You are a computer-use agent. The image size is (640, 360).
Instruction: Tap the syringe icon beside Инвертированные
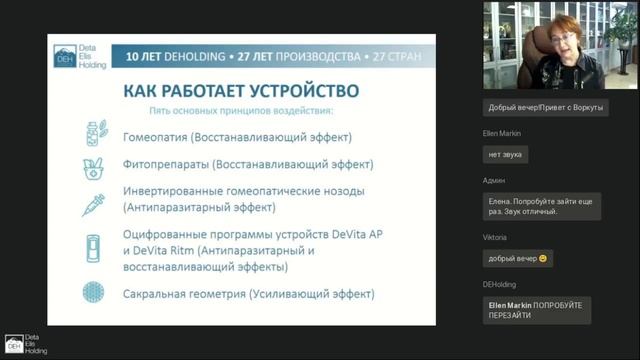94,199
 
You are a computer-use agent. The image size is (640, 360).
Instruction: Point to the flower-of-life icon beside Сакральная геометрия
93,294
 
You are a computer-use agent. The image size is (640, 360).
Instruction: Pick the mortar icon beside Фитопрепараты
93,164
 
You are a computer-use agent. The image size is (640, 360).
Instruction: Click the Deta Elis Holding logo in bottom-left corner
22,341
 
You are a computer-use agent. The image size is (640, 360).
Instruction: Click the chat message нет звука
506,155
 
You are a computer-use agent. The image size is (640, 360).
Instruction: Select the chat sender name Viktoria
498,238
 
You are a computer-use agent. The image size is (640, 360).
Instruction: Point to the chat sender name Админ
493,181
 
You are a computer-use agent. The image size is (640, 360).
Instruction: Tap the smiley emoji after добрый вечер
543,259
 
